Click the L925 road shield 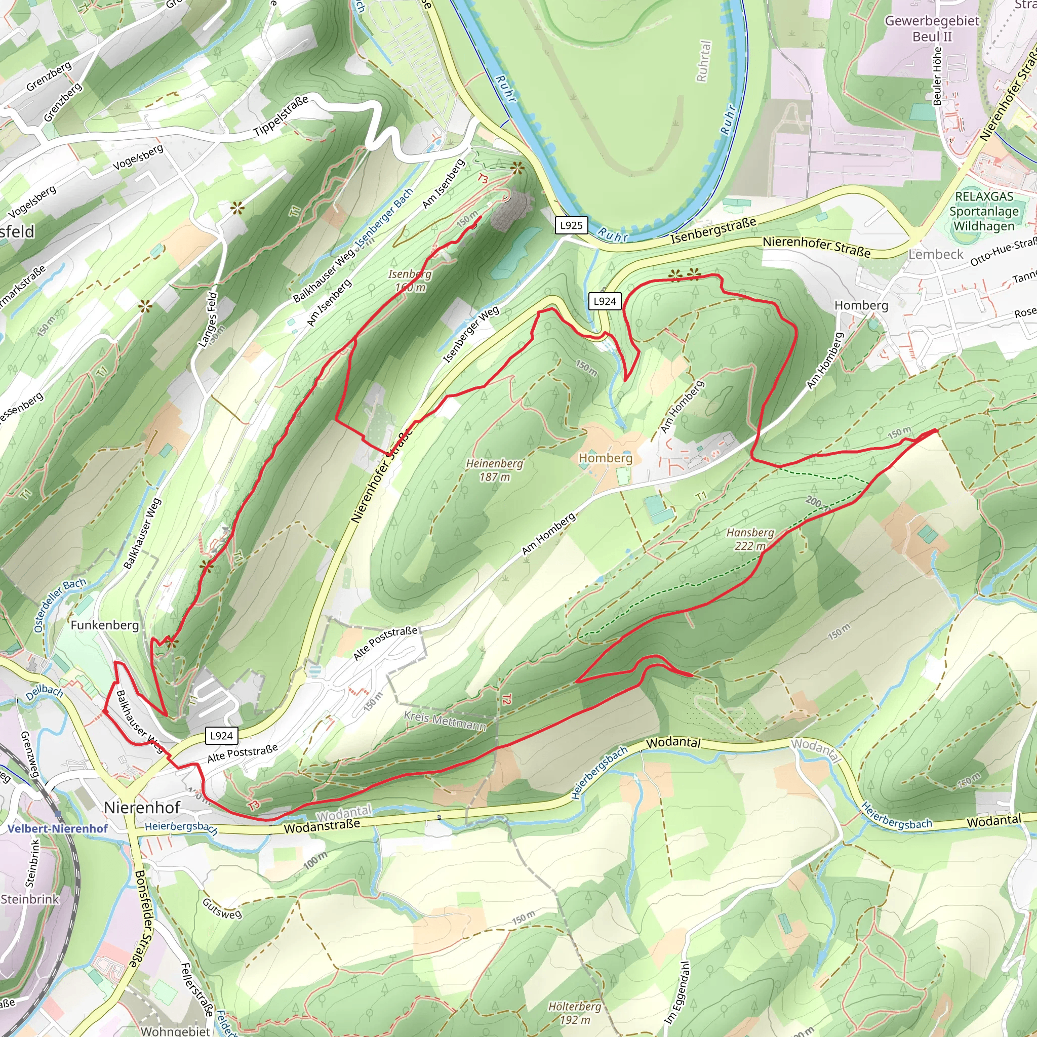pyautogui.click(x=571, y=225)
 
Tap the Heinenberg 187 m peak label pyautogui.click(x=494, y=470)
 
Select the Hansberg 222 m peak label pyautogui.click(x=750, y=539)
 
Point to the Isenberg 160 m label pyautogui.click(x=410, y=281)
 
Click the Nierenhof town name pyautogui.click(x=142, y=807)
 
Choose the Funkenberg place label pyautogui.click(x=105, y=625)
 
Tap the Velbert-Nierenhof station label pyautogui.click(x=57, y=829)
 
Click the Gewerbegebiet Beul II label pyautogui.click(x=932, y=28)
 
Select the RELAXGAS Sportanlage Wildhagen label pyautogui.click(x=984, y=211)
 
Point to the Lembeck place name pyautogui.click(x=936, y=254)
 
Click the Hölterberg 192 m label pyautogui.click(x=575, y=1013)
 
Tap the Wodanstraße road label pyautogui.click(x=322, y=826)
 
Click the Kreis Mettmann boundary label pyautogui.click(x=445, y=721)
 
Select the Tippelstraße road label pyautogui.click(x=281, y=115)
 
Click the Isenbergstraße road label pyautogui.click(x=713, y=231)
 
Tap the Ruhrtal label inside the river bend pyautogui.click(x=703, y=61)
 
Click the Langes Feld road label pyautogui.click(x=208, y=319)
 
